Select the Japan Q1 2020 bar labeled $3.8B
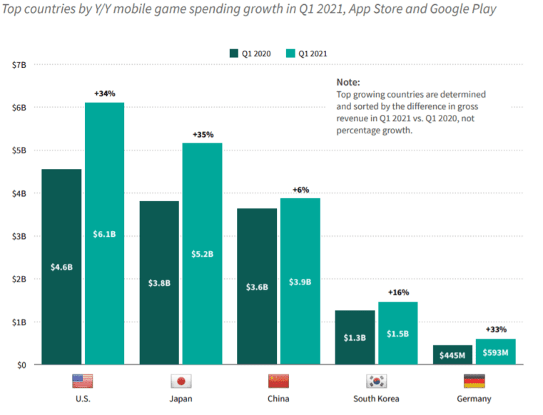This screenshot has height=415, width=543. pos(159,282)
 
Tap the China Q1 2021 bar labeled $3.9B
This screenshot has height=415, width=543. pos(300,281)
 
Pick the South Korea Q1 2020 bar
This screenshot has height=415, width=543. pos(355,337)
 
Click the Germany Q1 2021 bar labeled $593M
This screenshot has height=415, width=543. pos(495,352)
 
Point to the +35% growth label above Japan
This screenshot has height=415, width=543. pos(203,134)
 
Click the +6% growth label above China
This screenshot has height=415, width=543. pos(300,190)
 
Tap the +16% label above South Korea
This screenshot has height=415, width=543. pos(398,292)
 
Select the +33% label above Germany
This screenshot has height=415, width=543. pos(495,329)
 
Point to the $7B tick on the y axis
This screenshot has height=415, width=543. pos(19,65)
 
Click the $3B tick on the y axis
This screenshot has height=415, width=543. pos(19,236)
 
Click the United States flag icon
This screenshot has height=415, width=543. pos(82,380)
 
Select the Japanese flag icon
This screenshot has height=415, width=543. pos(180,380)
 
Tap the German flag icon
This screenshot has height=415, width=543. pos(474,380)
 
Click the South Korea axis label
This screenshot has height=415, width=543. pos(376,399)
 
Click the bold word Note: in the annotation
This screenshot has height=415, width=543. pos(348,82)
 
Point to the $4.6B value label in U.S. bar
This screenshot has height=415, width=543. pos(61,267)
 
